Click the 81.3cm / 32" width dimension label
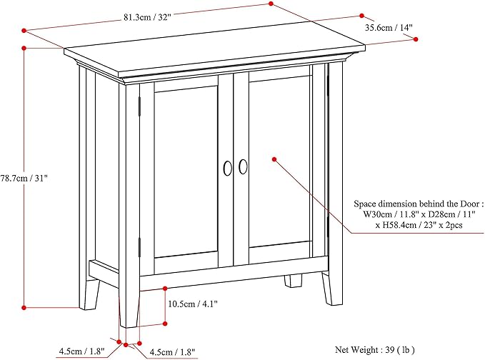(x=147, y=17)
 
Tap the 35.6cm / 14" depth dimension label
(x=389, y=28)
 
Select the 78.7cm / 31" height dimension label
(x=24, y=178)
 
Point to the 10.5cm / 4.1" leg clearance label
(x=193, y=304)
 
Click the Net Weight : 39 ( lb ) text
(x=375, y=350)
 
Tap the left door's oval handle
(x=227, y=168)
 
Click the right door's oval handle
(x=243, y=166)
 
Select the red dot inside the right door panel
(x=274, y=159)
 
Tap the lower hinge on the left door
(x=139, y=247)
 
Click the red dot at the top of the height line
(x=24, y=48)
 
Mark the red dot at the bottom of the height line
(x=24, y=307)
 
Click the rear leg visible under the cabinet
(x=293, y=281)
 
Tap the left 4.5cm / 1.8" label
(x=82, y=351)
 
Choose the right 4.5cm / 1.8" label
(x=172, y=352)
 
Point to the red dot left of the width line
(x=24, y=30)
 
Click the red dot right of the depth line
(x=416, y=39)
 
